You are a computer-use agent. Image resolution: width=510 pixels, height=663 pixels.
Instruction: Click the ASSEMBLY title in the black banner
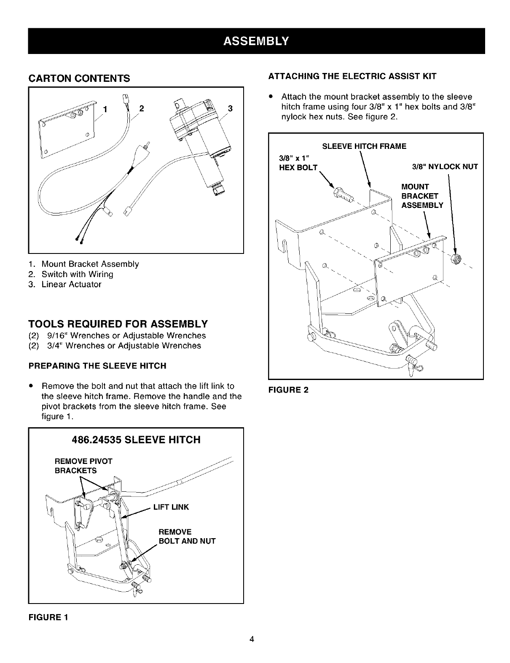coord(256,41)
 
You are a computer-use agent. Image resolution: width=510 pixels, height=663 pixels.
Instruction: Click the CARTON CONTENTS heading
coord(79,78)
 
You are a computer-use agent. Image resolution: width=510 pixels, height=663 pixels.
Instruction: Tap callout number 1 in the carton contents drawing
coord(105,109)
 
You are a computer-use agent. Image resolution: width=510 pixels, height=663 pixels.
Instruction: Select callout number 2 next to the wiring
coord(142,108)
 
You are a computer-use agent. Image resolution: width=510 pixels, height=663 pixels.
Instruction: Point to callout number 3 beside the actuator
coord(230,109)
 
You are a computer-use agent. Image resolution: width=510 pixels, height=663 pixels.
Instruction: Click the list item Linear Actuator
coord(71,284)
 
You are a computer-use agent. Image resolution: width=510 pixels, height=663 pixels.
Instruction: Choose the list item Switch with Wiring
coord(78,274)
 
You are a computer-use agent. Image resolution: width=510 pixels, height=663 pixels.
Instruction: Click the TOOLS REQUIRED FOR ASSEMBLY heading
coord(118,323)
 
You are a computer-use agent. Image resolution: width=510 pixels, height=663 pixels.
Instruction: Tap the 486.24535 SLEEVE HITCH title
coord(136,439)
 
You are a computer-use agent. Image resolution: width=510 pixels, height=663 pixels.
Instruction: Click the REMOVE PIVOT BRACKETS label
coord(83,466)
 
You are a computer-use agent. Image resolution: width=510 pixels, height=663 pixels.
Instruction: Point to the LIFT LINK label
coord(171,507)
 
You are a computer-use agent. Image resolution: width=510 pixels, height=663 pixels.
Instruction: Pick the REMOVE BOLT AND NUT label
coord(187,536)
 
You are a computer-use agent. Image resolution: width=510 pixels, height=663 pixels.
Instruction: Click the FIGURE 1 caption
coord(48,617)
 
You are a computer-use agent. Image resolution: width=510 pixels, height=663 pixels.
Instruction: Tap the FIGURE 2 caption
coord(288,390)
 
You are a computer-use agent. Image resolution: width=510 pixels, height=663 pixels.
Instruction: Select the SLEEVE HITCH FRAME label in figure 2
coord(364,146)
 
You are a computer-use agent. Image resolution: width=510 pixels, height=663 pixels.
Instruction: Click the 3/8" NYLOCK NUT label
coord(445,167)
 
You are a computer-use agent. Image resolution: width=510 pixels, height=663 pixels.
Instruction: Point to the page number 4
coord(252,639)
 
